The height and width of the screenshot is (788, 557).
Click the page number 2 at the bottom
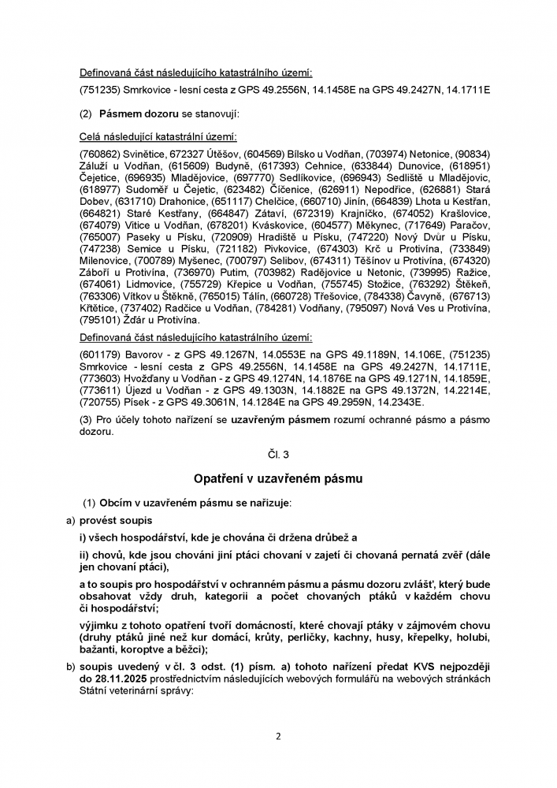(x=278, y=737)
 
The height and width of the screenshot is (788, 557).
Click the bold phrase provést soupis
(x=116, y=521)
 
